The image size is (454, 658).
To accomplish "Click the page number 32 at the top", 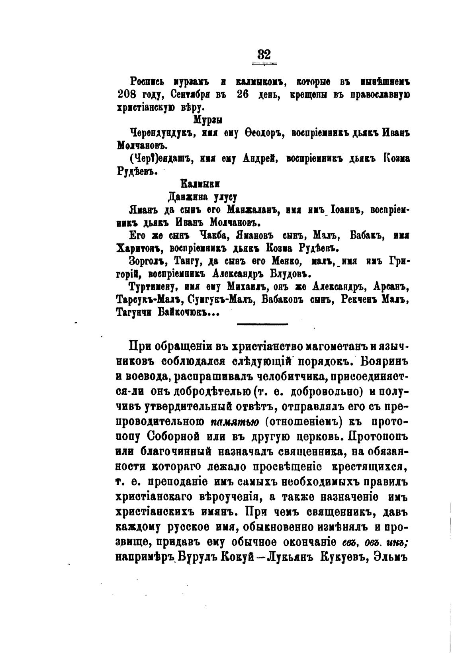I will coord(264,54).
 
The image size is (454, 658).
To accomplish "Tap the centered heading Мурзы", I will coord(208,120).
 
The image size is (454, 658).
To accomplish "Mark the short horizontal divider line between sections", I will coord(262,324).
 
